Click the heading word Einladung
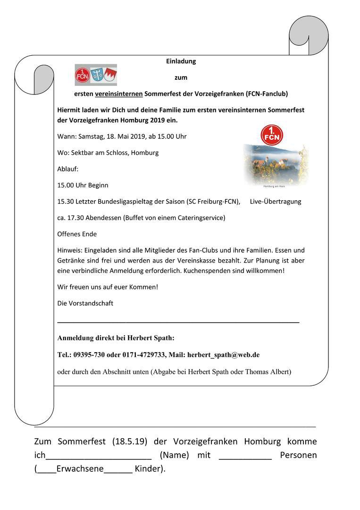coord(181,61)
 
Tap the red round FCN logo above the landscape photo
coord(272,135)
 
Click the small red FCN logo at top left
coord(82,76)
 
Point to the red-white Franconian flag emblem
coord(110,76)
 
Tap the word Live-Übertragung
coord(276,202)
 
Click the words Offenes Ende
coord(77,234)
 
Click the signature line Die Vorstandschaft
coord(85,304)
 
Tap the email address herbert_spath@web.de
coord(223,355)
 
